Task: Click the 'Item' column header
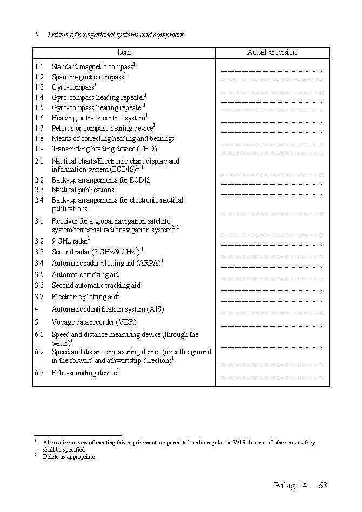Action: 124,52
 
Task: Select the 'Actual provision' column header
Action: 272,52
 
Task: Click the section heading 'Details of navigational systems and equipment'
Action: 115,35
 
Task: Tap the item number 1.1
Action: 39,67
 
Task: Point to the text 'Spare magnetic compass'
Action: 88,77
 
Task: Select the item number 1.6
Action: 39,118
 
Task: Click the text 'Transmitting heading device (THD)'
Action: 104,149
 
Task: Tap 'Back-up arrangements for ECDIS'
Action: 101,180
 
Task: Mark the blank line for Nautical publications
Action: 272,194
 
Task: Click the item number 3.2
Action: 39,241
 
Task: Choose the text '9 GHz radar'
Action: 70,241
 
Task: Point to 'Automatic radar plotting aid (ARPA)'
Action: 106,264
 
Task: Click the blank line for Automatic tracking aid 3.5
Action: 272,279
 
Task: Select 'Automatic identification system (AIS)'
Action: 108,309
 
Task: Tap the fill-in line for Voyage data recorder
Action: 272,326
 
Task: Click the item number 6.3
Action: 39,373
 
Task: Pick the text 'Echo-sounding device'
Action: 84,373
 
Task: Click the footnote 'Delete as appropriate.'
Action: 70,457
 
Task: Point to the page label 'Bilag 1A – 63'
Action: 301,485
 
